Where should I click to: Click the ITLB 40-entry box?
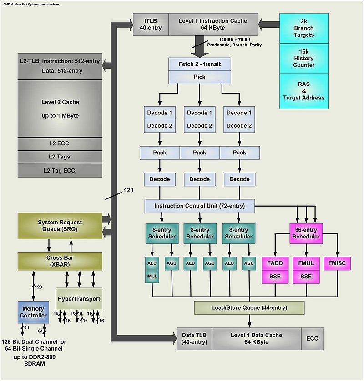pyautogui.click(x=151, y=24)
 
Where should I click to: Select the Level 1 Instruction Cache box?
pyautogui.click(x=213, y=24)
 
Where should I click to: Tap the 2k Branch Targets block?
pyautogui.click(x=303, y=28)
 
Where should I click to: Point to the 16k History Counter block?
pyautogui.click(x=303, y=61)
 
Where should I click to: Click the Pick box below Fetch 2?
pyautogui.click(x=199, y=77)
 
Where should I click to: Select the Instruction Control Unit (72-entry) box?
pyautogui.click(x=199, y=206)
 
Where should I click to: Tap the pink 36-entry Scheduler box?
pyautogui.click(x=306, y=233)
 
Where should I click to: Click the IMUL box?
pyautogui.click(x=152, y=275)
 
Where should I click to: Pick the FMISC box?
pyautogui.click(x=337, y=263)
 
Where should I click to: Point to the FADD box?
pyautogui.click(x=275, y=263)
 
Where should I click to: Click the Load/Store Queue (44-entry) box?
pyautogui.click(x=249, y=307)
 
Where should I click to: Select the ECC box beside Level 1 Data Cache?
pyautogui.click(x=312, y=338)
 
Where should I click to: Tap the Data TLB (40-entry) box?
pyautogui.click(x=194, y=338)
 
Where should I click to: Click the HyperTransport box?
pyautogui.click(x=79, y=298)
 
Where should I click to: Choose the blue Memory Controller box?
pyautogui.click(x=33, y=312)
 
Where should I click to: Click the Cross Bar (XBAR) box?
pyautogui.click(x=60, y=261)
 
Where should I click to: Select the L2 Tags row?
pyautogui.click(x=60, y=157)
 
